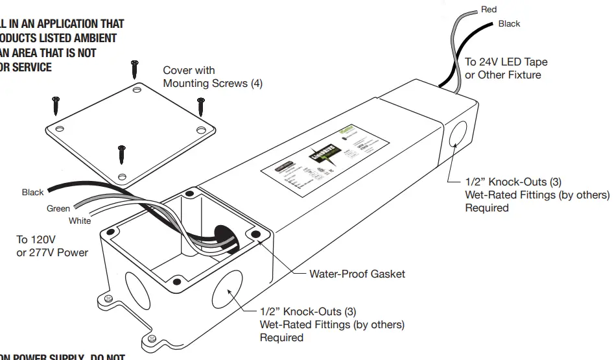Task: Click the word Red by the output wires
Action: (x=488, y=10)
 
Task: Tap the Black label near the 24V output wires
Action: (x=509, y=24)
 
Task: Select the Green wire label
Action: (x=58, y=209)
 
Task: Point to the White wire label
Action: (x=80, y=221)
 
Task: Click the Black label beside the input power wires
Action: (x=33, y=193)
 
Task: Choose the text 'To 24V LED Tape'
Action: (x=506, y=62)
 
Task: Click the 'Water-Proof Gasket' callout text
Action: (x=357, y=274)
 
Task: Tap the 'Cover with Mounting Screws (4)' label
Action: (x=212, y=77)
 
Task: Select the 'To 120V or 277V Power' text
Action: (x=52, y=246)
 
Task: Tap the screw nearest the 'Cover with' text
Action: (x=135, y=68)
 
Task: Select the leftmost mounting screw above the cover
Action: (x=56, y=104)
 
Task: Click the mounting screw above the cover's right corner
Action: (x=201, y=102)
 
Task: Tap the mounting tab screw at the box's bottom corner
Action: (x=152, y=339)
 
